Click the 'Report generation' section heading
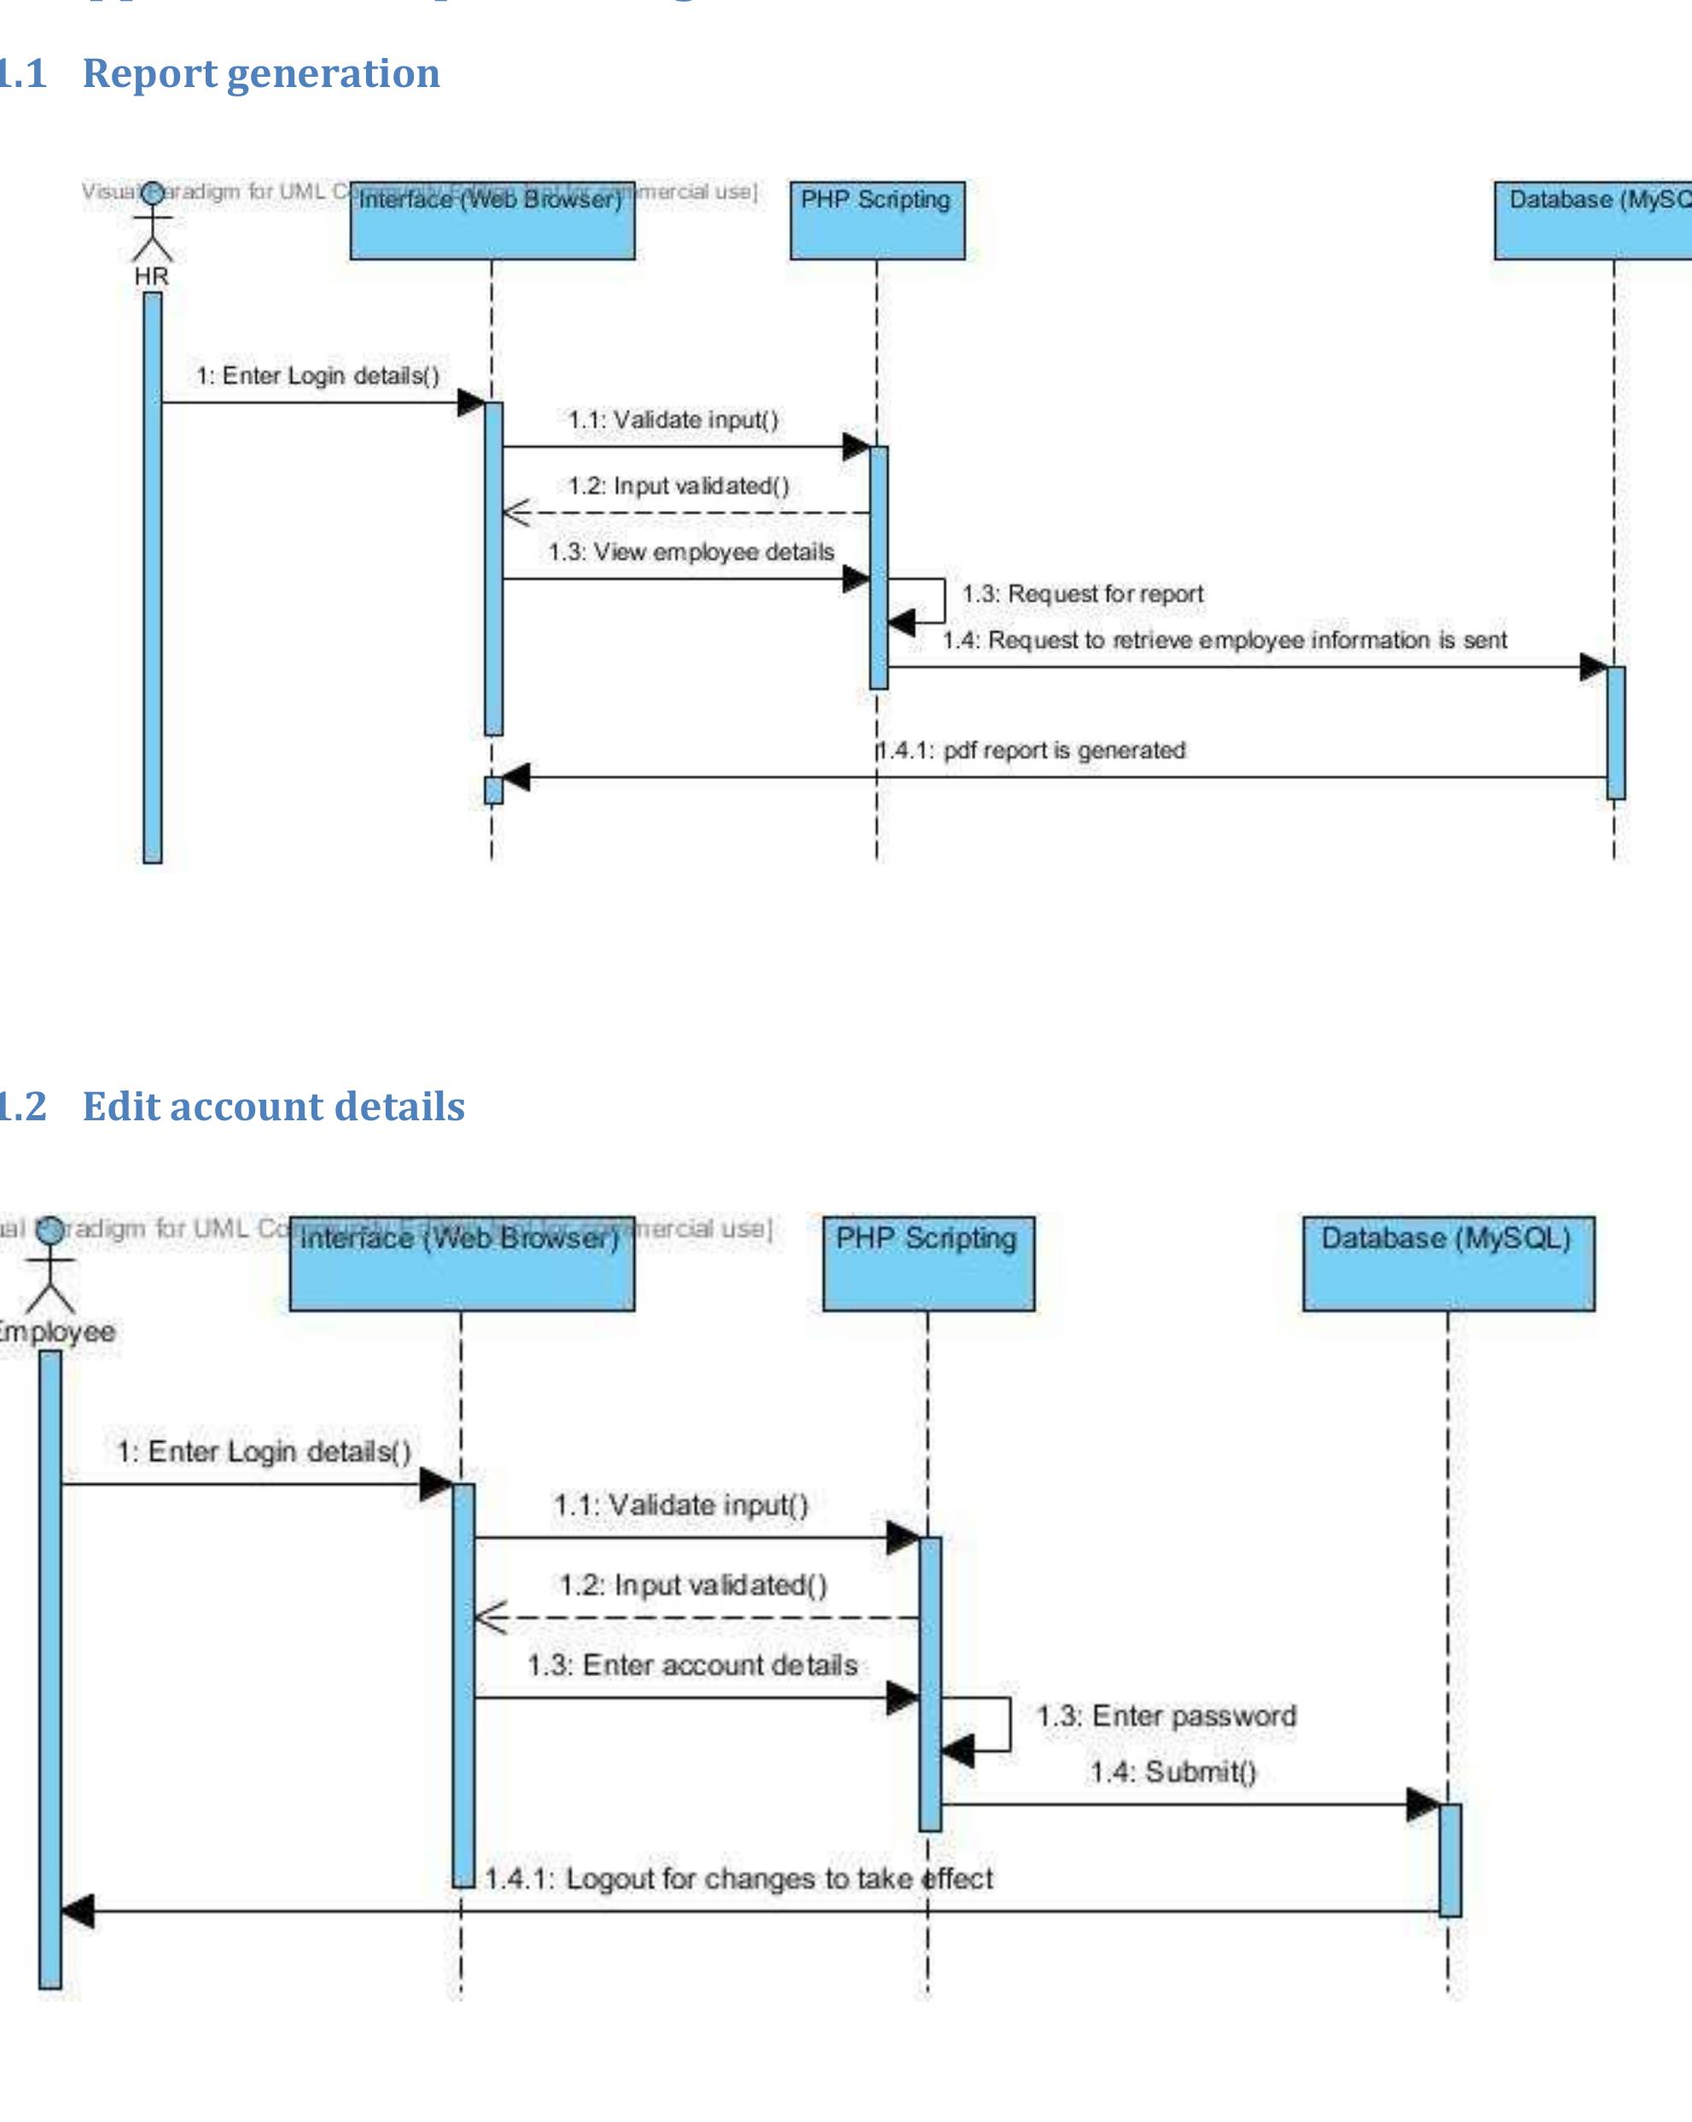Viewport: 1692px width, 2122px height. click(260, 74)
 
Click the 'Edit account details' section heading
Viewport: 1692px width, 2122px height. click(273, 1107)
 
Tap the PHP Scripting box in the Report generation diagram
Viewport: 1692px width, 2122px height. click(877, 220)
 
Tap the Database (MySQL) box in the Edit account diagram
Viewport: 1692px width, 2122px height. click(1448, 1264)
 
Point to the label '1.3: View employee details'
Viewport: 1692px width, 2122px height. click(691, 552)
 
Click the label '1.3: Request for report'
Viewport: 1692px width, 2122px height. click(1082, 595)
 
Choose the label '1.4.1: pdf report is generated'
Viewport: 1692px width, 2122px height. click(1032, 750)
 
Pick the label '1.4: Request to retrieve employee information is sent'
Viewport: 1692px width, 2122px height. click(1224, 641)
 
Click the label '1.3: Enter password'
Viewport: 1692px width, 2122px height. click(1166, 1717)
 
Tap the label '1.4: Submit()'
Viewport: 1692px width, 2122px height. click(1172, 1771)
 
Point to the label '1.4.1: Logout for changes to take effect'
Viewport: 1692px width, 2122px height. click(738, 1878)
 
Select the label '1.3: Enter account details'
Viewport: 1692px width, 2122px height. click(692, 1665)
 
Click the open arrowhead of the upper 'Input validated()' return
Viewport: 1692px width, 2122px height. click(515, 513)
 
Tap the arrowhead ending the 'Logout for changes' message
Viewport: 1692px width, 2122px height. click(78, 1911)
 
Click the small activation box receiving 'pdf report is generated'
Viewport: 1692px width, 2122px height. click(493, 790)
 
